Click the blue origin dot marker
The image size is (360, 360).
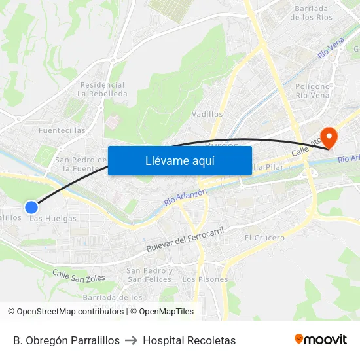click(x=31, y=207)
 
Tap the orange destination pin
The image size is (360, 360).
click(x=329, y=137)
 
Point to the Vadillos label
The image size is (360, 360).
click(x=207, y=114)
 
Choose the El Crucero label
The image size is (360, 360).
click(x=264, y=238)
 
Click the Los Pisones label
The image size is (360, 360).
click(x=205, y=279)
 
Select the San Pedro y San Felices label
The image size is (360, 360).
click(x=150, y=275)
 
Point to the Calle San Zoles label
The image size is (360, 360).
click(x=79, y=278)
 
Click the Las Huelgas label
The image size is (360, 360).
click(x=53, y=219)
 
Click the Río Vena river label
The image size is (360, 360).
click(x=331, y=47)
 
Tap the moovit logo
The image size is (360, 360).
click(x=320, y=340)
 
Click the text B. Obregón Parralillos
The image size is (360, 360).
click(x=66, y=340)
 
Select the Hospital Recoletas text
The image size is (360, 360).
click(x=189, y=340)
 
